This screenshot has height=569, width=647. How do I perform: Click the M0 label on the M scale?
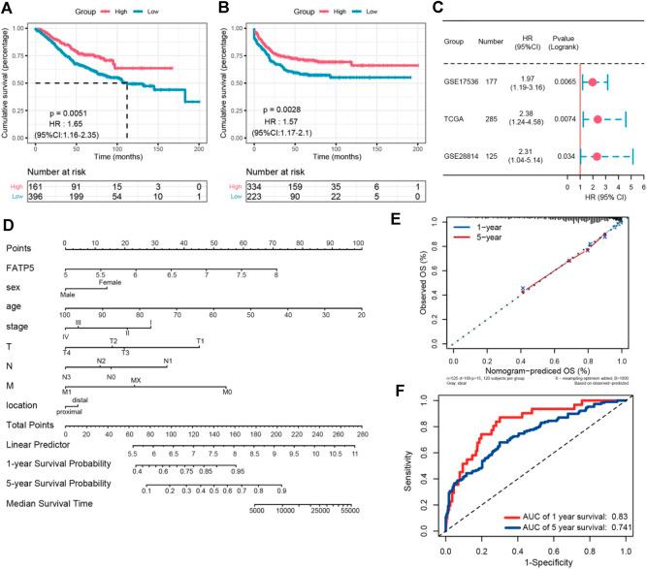click(226, 391)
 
